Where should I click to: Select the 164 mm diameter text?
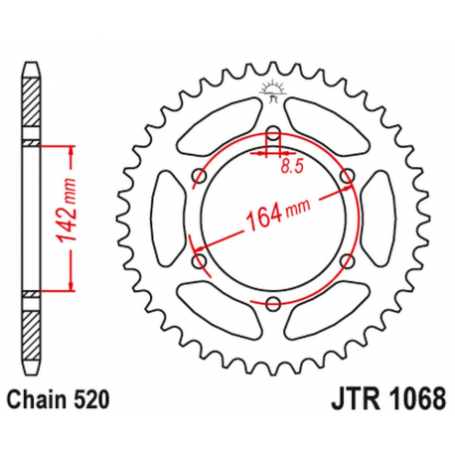coord(272,216)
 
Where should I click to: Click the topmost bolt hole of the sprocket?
coord(273,133)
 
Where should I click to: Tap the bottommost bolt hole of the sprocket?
coord(273,304)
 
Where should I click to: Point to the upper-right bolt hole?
coord(347,176)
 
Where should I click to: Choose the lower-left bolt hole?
coord(199,261)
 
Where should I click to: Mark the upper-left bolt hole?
coord(199,176)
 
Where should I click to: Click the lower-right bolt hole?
coord(347,261)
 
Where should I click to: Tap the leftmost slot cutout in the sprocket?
coord(164,219)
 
